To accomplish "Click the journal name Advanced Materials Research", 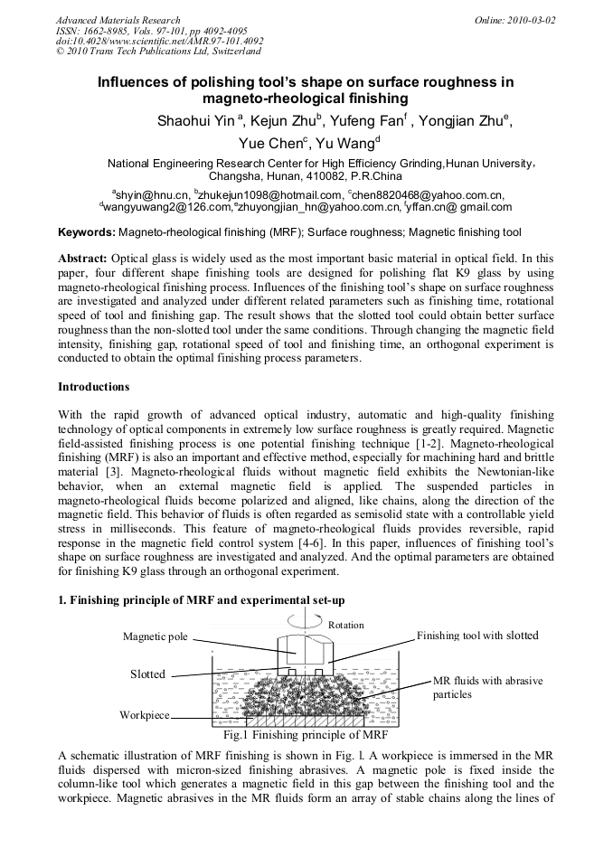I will pyautogui.click(x=118, y=20).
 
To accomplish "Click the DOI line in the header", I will pyautogui.click(x=159, y=42).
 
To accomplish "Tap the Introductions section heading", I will pyautogui.click(x=94, y=387).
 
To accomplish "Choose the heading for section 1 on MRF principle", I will pyautogui.click(x=201, y=600).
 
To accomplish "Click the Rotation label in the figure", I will pyautogui.click(x=345, y=625).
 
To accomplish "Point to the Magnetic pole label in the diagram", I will pyautogui.click(x=156, y=636).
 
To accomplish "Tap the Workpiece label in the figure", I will pyautogui.click(x=145, y=715).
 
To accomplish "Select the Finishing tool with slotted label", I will pyautogui.click(x=477, y=636).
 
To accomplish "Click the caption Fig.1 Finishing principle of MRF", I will pyautogui.click(x=307, y=735).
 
